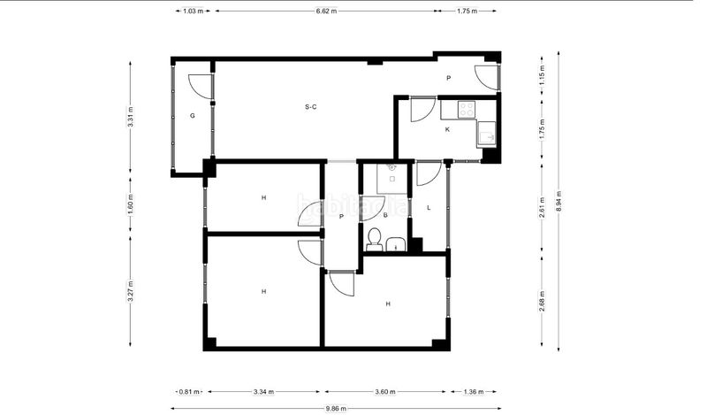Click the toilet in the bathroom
pos(374,240)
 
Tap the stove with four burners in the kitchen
pos(467,109)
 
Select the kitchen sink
pos(486,134)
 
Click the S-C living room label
pos(311,107)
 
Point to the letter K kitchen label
pos(447,129)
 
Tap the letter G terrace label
pos(193,116)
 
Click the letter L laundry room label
pos(429,208)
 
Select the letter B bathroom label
pos(385,215)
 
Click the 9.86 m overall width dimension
pos(336,409)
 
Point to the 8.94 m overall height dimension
pos(559,201)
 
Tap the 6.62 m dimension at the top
pos(326,11)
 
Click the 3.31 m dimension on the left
pos(130,117)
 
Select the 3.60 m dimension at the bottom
pos(385,391)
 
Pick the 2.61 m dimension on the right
pos(542,208)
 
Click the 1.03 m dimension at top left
pos(193,11)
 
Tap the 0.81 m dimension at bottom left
pos(189,391)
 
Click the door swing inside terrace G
pos(200,86)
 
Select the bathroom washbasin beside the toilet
pos(396,244)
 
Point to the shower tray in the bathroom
pos(392,179)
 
